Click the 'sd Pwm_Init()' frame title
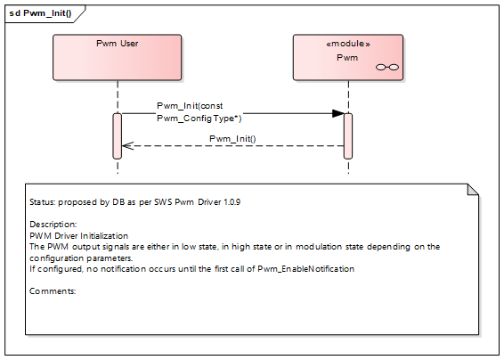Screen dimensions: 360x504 (39, 13)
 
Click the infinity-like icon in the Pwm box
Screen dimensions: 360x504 (386, 67)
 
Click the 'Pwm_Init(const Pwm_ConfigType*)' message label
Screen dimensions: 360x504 (199, 111)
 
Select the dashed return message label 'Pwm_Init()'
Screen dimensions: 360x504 (232, 138)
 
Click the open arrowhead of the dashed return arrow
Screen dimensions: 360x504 (126, 146)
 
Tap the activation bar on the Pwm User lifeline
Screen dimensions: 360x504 (117, 134)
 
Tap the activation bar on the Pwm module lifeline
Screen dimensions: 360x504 (347, 134)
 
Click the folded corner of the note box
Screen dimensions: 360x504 (474, 189)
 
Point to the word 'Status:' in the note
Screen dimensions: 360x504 (44, 202)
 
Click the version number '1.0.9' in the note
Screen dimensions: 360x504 (230, 202)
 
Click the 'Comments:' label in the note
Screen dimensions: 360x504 (53, 290)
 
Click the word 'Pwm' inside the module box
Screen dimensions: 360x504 (346, 57)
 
